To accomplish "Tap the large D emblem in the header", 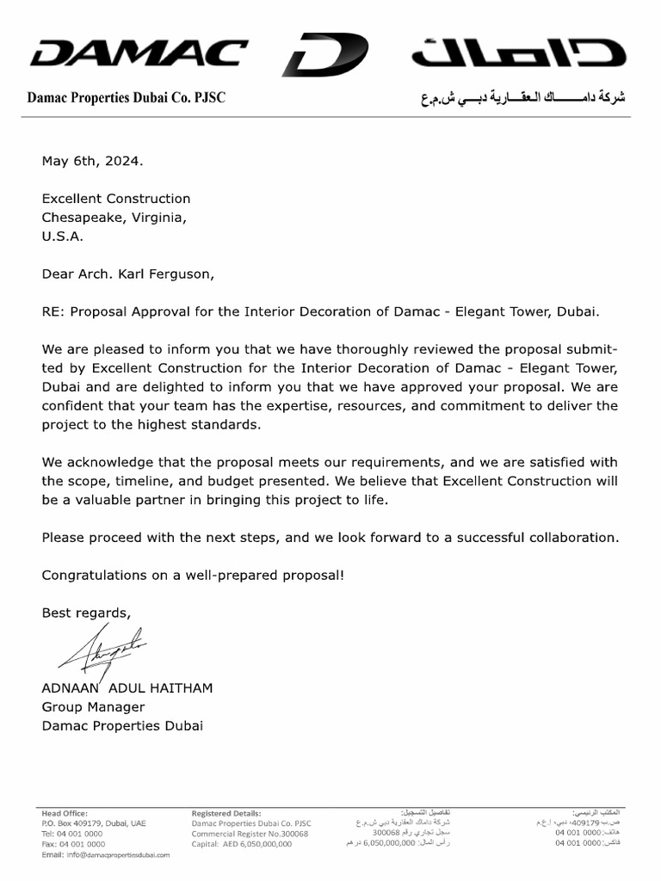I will [x=324, y=55].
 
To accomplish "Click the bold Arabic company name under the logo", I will [x=522, y=98].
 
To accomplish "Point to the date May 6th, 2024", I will [x=93, y=161].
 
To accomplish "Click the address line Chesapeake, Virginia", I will [x=114, y=218].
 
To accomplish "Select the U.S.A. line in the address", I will [x=63, y=237].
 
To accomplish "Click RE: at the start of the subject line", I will [x=53, y=311].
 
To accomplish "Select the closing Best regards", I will [x=86, y=613].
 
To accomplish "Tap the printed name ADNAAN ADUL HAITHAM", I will [x=127, y=688].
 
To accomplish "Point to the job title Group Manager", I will [x=93, y=707].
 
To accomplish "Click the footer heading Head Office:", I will [x=64, y=813].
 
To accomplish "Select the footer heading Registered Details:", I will [x=226, y=813].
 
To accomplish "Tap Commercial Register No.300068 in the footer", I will [x=250, y=834].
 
